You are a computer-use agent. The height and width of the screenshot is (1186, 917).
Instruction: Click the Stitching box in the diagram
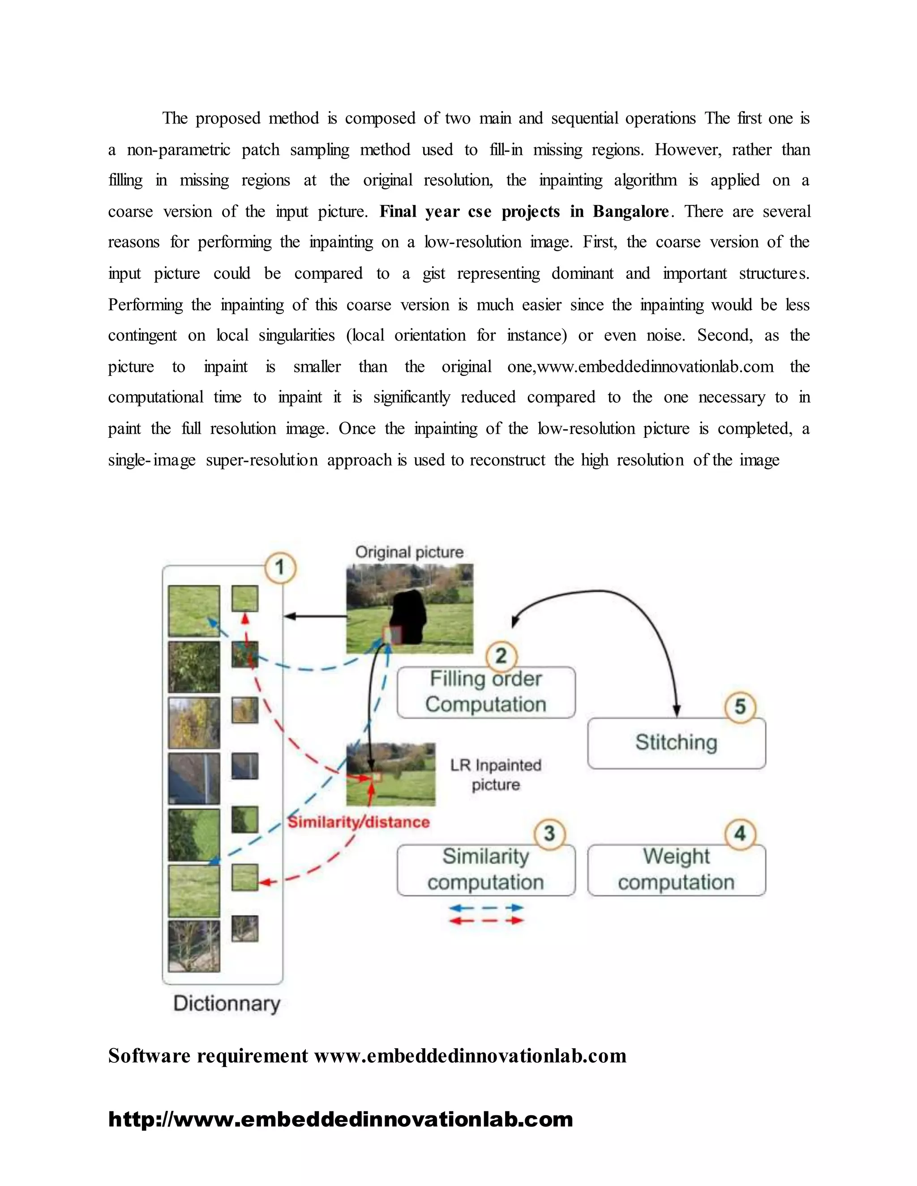677,743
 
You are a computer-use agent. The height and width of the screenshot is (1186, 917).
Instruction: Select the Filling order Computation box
486,692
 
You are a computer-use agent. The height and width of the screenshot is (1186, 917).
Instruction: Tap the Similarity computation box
486,870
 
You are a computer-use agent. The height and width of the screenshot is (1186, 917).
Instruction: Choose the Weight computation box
677,870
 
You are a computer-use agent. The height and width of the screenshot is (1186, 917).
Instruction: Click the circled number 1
280,568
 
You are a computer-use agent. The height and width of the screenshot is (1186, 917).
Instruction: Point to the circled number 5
740,707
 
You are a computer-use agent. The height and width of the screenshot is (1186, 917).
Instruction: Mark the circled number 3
549,834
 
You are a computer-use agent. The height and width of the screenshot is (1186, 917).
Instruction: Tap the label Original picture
409,552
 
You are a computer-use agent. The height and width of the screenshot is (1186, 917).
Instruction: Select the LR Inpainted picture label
496,774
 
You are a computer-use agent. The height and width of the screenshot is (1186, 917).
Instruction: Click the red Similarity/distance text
359,822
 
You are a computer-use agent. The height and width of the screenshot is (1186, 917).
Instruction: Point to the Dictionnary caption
227,1003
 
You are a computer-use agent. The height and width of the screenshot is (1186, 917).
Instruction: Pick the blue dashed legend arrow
486,908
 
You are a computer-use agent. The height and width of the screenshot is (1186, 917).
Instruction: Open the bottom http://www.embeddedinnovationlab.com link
341,1120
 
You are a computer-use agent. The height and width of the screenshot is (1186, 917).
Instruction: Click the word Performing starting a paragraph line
145,305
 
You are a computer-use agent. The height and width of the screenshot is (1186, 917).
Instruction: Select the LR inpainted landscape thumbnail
390,774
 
